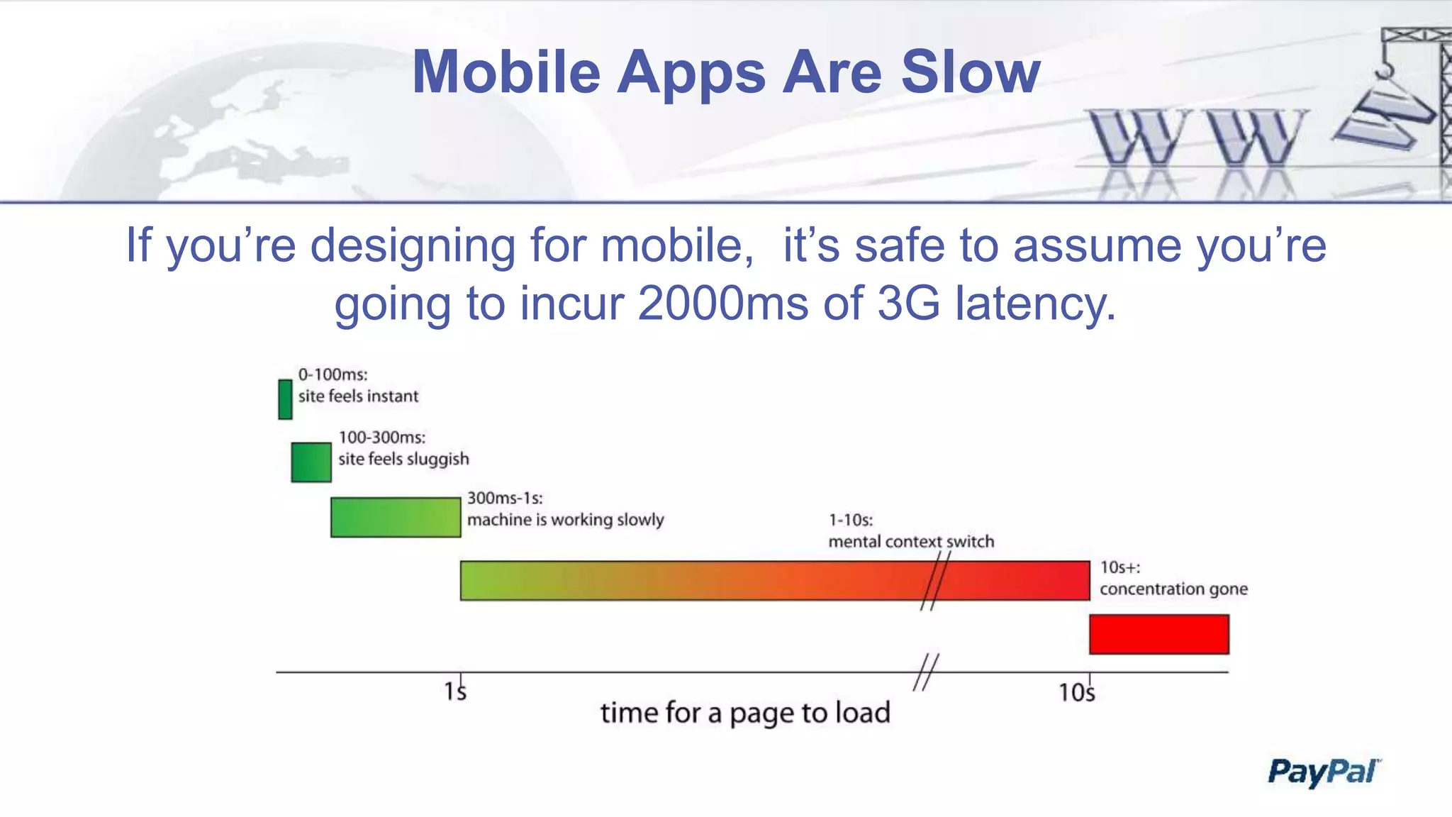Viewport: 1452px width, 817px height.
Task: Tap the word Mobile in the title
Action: [x=506, y=72]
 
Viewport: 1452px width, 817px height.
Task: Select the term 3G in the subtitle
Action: [x=909, y=304]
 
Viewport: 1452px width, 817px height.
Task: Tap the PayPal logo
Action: [x=1323, y=772]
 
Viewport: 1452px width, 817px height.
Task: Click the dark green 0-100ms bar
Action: [x=285, y=399]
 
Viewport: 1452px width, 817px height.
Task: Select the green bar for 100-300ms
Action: [x=311, y=462]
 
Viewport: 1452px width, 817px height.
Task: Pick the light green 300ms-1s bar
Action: [x=396, y=517]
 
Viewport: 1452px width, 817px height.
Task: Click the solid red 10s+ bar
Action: [x=1159, y=634]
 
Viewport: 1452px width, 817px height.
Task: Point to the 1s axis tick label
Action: [x=455, y=691]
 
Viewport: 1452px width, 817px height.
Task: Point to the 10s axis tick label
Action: [x=1076, y=692]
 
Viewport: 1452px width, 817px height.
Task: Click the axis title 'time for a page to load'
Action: [x=745, y=713]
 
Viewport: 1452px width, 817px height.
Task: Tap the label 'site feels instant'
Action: [x=358, y=396]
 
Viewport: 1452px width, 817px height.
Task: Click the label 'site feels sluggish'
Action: [x=403, y=459]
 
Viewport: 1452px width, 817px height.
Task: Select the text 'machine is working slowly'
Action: [x=565, y=520]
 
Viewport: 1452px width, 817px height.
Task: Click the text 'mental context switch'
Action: [x=911, y=542]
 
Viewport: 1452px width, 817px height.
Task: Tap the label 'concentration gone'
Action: [x=1173, y=589]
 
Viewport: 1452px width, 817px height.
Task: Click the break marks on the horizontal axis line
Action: [x=925, y=672]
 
